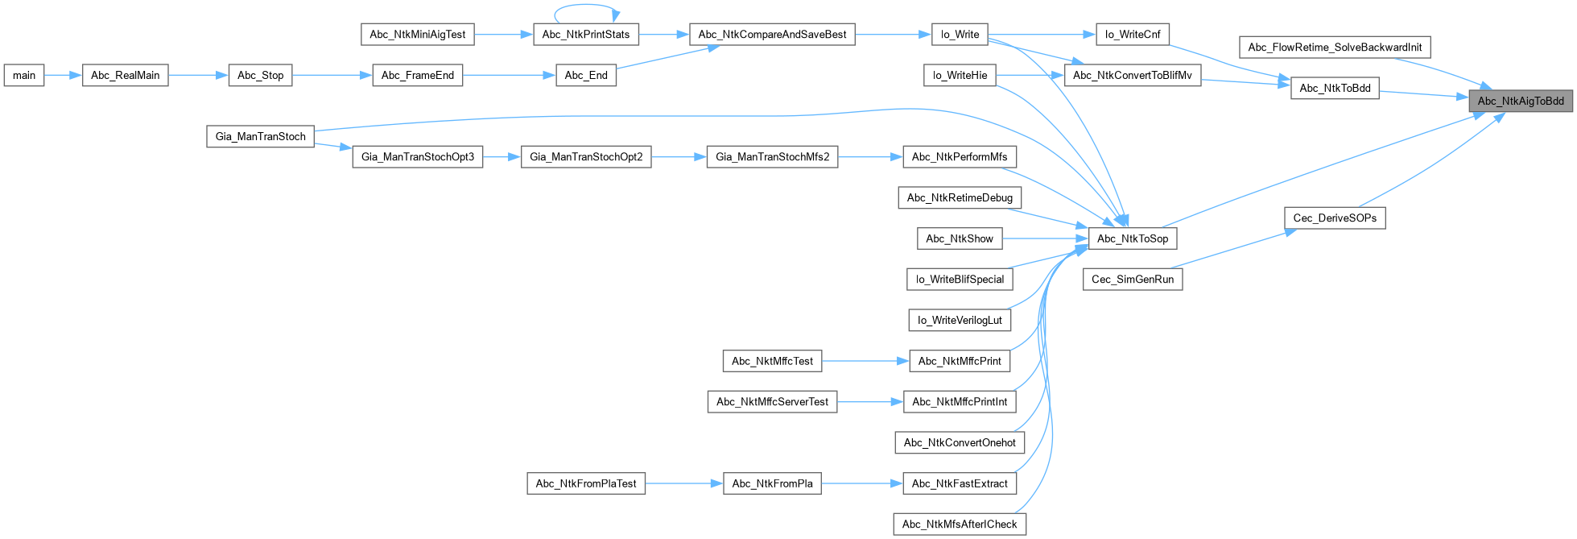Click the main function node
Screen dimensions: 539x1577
tap(24, 76)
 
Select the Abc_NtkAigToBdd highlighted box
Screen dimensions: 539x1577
tap(1520, 101)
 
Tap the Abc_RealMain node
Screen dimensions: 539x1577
tap(125, 76)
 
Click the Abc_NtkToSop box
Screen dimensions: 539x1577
tap(1132, 238)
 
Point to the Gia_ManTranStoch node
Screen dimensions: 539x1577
tap(260, 137)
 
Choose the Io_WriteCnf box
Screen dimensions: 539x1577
tap(1132, 35)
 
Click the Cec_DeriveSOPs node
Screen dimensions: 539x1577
tap(1334, 218)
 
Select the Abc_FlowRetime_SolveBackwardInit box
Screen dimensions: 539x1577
tap(1334, 48)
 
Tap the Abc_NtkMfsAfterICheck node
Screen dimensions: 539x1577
tap(960, 524)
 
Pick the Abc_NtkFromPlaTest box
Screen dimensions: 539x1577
tap(585, 484)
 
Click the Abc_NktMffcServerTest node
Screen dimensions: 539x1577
tap(772, 402)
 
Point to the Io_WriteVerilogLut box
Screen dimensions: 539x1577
tap(960, 321)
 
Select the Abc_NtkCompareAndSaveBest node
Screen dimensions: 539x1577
tap(772, 35)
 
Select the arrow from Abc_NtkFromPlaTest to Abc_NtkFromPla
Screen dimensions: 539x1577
tap(683, 484)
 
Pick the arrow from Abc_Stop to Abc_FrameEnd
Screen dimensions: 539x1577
tap(332, 76)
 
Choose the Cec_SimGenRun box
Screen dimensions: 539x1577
tap(1132, 280)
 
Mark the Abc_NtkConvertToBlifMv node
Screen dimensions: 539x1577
tap(1132, 76)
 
